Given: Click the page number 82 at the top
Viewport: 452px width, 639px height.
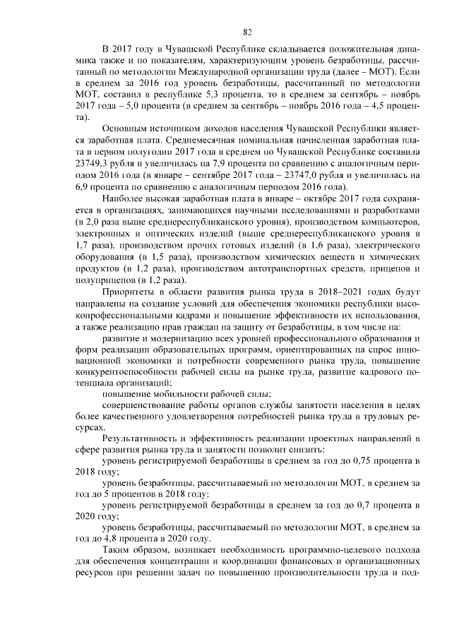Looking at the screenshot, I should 247,31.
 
